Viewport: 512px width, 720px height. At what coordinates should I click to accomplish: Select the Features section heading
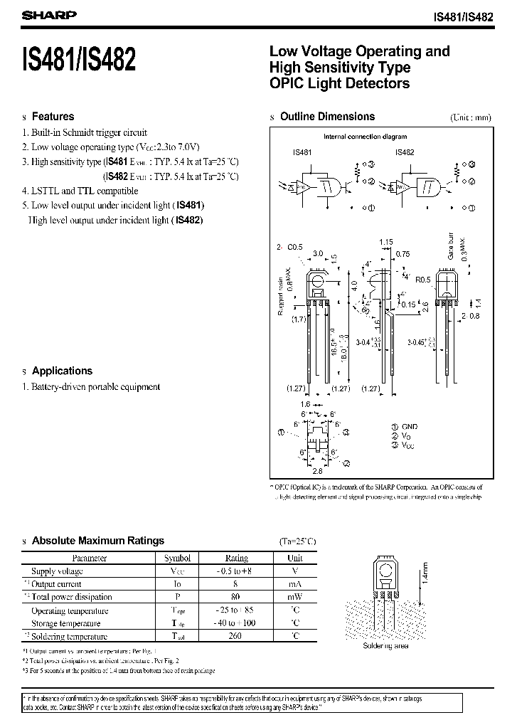pos(53,117)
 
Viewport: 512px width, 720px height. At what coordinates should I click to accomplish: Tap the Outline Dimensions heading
pos(327,117)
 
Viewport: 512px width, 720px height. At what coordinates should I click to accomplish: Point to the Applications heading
pos(62,371)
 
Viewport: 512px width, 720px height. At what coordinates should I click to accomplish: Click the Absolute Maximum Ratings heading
pos(97,541)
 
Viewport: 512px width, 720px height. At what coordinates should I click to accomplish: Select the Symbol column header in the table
pos(177,558)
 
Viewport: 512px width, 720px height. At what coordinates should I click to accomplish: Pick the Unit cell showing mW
pos(294,597)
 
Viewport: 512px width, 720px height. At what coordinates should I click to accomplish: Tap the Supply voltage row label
pos(57,571)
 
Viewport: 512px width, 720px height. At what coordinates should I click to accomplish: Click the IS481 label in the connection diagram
pos(302,152)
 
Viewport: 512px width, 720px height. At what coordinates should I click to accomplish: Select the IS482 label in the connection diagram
pos(404,152)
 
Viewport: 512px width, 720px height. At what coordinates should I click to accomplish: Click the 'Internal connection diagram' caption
pos(366,137)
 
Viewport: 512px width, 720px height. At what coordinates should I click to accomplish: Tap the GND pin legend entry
pos(408,426)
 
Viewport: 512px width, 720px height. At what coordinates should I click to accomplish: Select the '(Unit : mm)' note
pos(470,117)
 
